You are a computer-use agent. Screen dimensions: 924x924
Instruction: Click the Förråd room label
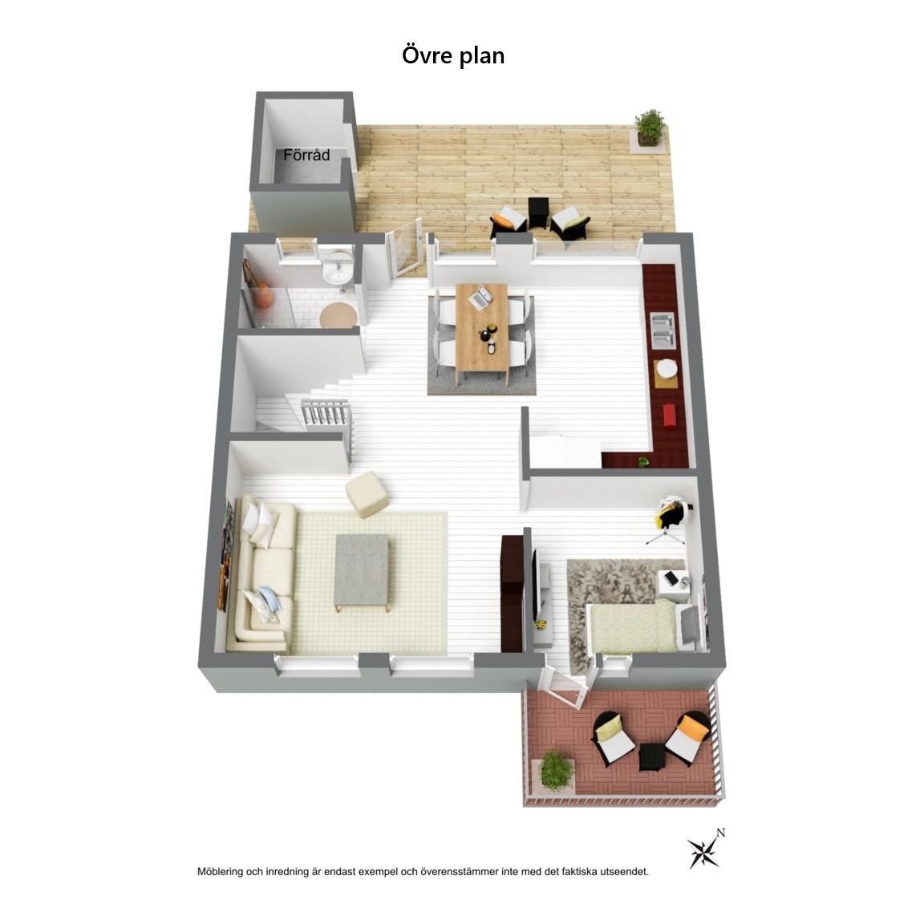click(306, 155)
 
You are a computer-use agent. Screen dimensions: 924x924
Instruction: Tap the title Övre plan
click(453, 55)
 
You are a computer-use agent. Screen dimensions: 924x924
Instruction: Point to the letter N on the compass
click(721, 833)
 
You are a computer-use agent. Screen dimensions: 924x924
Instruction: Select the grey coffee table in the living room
click(362, 573)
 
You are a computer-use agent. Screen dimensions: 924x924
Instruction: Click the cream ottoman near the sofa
click(367, 494)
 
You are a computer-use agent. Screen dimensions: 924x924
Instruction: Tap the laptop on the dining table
click(480, 297)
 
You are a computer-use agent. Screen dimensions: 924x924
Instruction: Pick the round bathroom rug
click(338, 314)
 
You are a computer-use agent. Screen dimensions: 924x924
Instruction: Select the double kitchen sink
click(663, 330)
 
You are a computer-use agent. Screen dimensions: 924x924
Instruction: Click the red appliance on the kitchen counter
click(670, 415)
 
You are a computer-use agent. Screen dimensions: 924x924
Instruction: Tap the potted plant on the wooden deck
click(650, 128)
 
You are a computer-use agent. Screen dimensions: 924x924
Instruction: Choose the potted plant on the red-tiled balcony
click(556, 771)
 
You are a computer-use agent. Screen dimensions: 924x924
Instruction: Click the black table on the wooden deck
click(538, 213)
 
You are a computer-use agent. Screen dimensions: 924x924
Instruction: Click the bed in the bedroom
click(645, 627)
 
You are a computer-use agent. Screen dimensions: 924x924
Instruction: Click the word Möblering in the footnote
click(220, 872)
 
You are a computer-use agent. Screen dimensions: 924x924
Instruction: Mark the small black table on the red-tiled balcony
click(652, 756)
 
